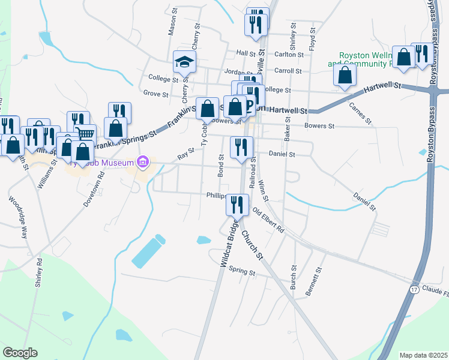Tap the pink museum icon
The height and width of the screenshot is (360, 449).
click(x=142, y=161)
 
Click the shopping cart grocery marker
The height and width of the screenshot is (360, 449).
click(x=86, y=135)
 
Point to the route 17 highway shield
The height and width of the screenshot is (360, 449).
click(x=414, y=289)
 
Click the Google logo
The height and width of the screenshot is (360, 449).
click(x=20, y=353)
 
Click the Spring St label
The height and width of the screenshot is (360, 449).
click(x=243, y=272)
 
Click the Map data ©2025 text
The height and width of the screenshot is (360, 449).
click(x=423, y=355)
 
